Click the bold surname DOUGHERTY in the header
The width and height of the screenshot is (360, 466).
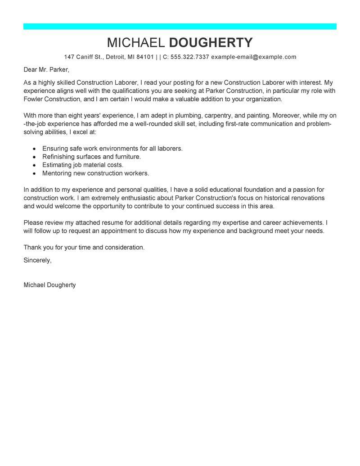click(211, 43)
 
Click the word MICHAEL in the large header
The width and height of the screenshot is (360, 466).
click(135, 43)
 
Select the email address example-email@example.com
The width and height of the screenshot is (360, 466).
click(254, 57)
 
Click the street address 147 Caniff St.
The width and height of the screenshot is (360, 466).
click(84, 57)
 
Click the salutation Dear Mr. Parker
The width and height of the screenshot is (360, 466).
click(47, 70)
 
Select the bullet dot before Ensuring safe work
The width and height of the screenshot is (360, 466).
click(34, 149)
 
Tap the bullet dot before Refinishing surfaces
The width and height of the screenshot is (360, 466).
click(34, 157)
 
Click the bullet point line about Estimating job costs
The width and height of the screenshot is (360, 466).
click(83, 165)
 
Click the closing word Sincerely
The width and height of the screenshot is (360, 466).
click(37, 260)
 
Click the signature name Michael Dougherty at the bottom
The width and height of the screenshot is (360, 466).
click(49, 285)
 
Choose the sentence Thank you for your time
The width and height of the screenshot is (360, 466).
click(84, 247)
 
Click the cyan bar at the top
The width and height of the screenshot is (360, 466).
click(180, 27)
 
